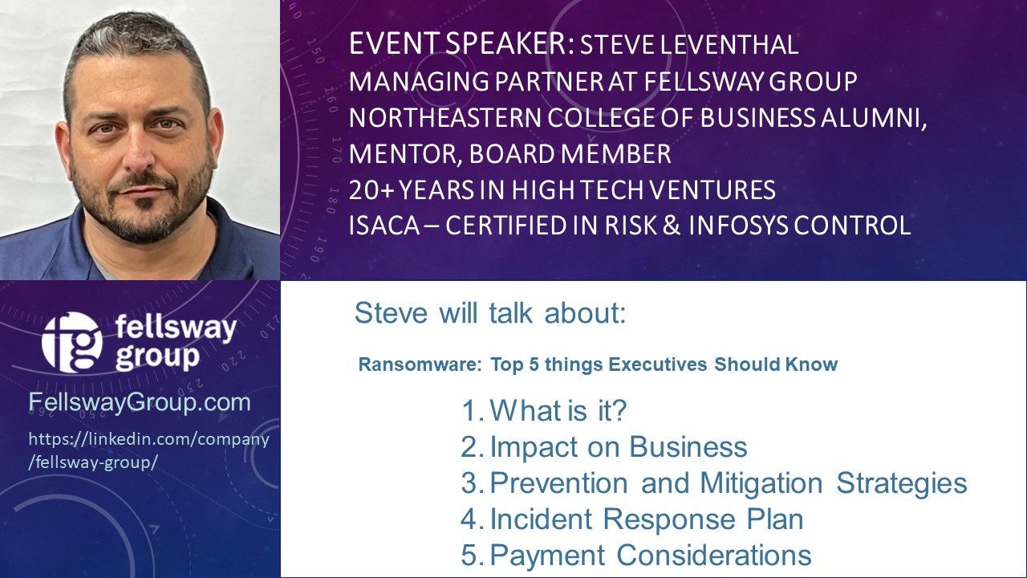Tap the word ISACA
point(384,226)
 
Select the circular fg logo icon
point(71,342)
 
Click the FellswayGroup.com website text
point(140,402)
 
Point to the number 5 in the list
point(469,555)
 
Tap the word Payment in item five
point(547,555)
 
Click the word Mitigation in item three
point(761,483)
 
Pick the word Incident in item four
point(541,519)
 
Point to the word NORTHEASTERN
point(444,117)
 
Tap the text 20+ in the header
point(371,190)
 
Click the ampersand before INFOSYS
point(672,226)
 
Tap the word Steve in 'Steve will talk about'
point(391,313)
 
